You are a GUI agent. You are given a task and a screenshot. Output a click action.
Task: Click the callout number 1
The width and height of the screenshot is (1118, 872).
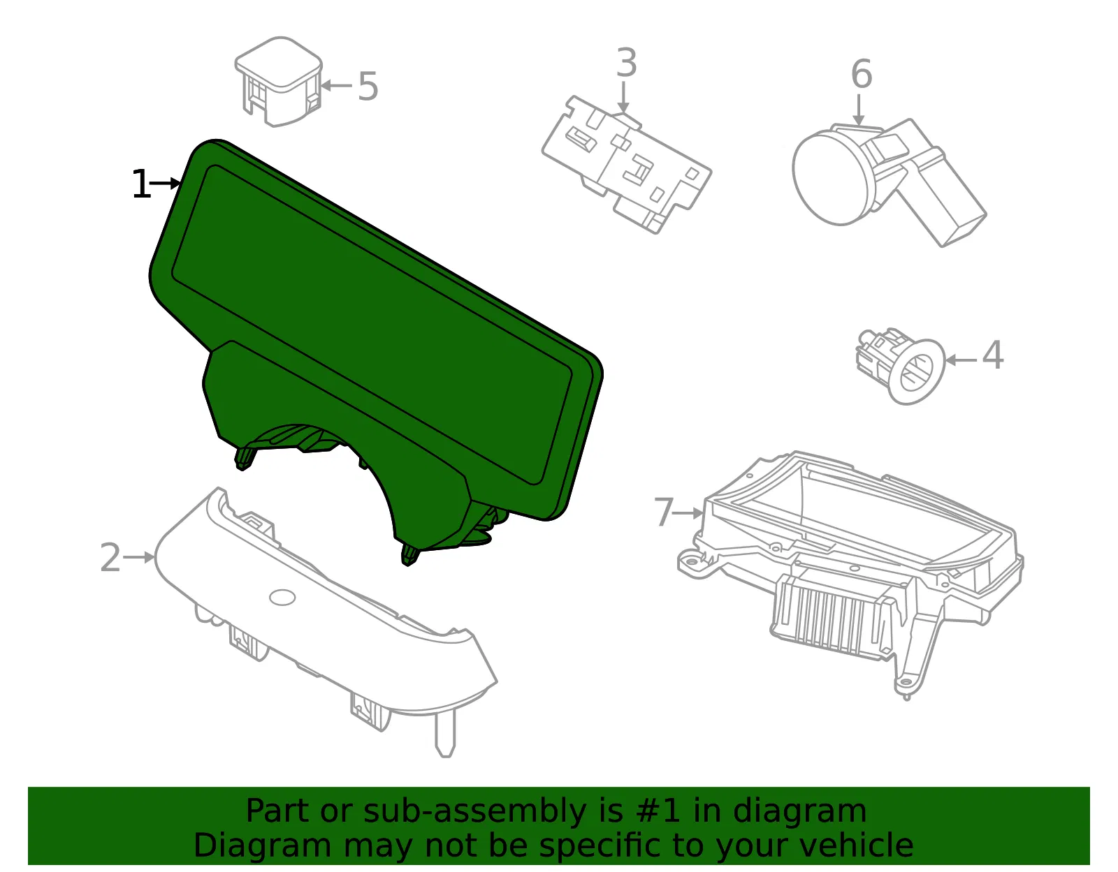[141, 184]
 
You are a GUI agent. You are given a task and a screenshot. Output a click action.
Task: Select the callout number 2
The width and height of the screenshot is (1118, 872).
[110, 558]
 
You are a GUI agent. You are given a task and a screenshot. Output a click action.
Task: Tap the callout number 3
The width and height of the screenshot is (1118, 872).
[627, 63]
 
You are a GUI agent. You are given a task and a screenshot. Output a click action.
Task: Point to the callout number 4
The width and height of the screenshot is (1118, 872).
[992, 355]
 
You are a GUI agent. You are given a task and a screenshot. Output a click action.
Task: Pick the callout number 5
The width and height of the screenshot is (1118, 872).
[368, 87]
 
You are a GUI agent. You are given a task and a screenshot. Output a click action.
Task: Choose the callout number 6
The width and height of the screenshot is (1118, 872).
[862, 74]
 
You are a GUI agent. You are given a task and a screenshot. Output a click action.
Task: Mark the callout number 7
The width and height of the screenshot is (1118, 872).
[664, 512]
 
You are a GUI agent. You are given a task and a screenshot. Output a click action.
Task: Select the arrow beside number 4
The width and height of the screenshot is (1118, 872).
[961, 360]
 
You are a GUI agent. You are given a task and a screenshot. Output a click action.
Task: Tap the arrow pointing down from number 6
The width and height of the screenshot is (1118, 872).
[858, 110]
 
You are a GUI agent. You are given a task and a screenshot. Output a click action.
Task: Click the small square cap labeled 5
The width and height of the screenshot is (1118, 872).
[278, 81]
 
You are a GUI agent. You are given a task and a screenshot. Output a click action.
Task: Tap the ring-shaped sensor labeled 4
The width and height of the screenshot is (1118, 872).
[916, 371]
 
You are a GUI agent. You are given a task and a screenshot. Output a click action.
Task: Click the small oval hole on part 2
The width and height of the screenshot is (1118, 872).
[282, 597]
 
